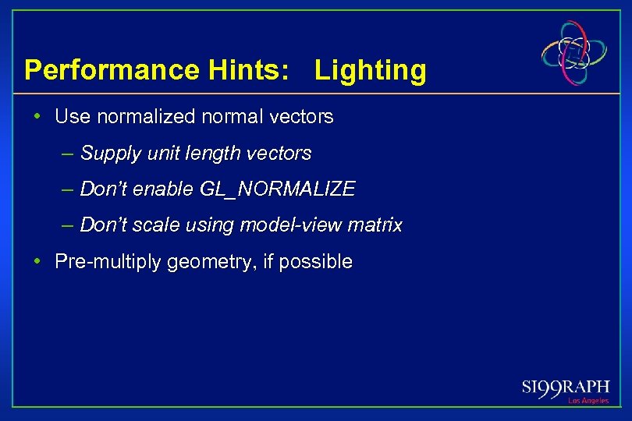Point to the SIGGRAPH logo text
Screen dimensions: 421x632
tap(566, 387)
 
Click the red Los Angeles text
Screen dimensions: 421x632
tap(588, 401)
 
